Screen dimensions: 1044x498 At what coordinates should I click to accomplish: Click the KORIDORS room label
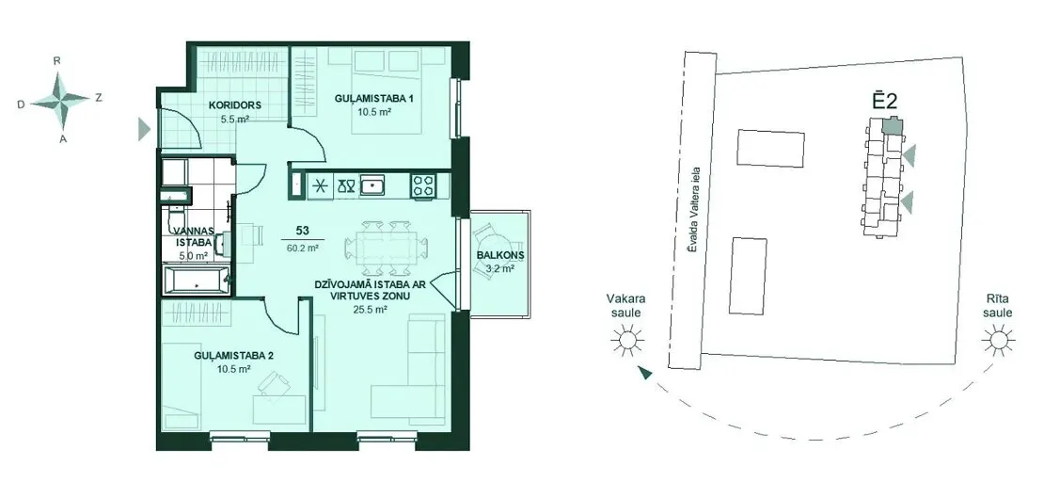click(233, 105)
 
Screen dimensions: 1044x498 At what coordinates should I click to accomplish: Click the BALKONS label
click(500, 255)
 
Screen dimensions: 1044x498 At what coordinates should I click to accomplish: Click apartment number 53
click(302, 231)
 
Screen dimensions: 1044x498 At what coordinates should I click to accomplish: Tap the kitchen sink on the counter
click(372, 185)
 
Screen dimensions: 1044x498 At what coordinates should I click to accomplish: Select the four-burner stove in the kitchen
click(422, 185)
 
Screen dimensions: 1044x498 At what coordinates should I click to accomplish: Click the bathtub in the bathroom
click(198, 280)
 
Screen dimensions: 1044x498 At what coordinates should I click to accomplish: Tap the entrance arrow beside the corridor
click(145, 129)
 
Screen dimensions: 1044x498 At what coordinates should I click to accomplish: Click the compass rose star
click(60, 100)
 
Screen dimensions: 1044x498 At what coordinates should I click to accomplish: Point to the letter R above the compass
click(57, 60)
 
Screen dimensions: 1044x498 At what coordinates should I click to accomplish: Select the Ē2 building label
click(886, 101)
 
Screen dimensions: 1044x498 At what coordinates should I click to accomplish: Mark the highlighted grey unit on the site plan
click(891, 124)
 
